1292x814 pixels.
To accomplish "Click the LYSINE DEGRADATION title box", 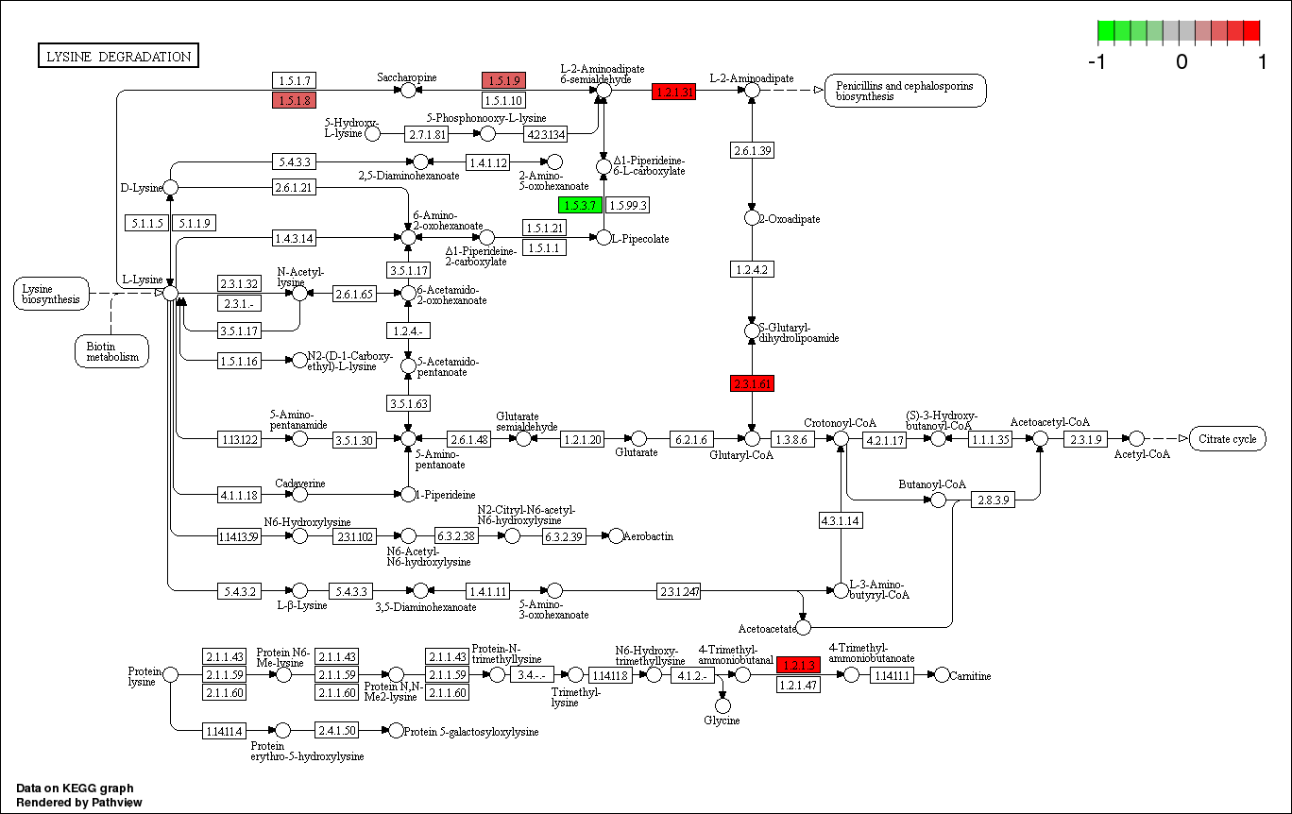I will pyautogui.click(x=118, y=57).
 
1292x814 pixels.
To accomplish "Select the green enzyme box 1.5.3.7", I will pyautogui.click(x=580, y=205).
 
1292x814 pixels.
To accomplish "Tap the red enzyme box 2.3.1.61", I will pyautogui.click(x=752, y=383).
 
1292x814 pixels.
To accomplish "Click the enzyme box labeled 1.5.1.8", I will pyautogui.click(x=293, y=100).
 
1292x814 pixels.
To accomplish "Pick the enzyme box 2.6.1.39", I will pyautogui.click(x=752, y=151).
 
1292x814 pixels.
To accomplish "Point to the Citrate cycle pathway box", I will pyautogui.click(x=1227, y=439).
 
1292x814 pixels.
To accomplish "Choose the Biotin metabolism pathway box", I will pyautogui.click(x=111, y=350).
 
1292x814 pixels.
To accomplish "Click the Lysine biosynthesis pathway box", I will pyautogui.click(x=51, y=294).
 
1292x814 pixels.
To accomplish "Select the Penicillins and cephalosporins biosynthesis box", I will pyautogui.click(x=905, y=91).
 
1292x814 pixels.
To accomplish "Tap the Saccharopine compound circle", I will pyautogui.click(x=408, y=90).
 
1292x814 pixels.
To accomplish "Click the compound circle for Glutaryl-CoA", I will pyautogui.click(x=752, y=438).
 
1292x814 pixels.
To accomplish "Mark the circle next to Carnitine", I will pyautogui.click(x=941, y=674).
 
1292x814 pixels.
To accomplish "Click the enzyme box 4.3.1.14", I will pyautogui.click(x=840, y=520).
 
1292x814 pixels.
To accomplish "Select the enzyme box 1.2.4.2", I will pyautogui.click(x=752, y=270).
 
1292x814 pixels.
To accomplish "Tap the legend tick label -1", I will pyautogui.click(x=1097, y=62).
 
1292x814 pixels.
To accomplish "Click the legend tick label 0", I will pyautogui.click(x=1181, y=62).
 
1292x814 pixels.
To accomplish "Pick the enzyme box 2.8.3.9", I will pyautogui.click(x=992, y=500).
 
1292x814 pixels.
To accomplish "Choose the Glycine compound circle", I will pyautogui.click(x=722, y=705).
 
